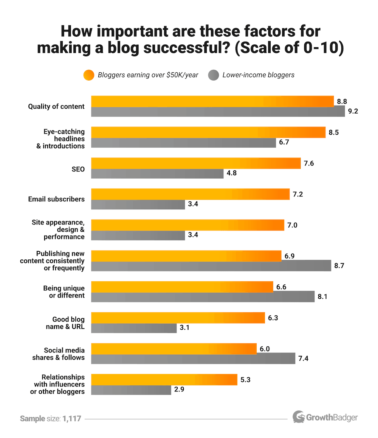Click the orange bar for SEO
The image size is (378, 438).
(x=196, y=163)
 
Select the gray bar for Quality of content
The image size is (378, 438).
(x=218, y=112)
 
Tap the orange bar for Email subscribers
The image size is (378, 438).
(x=191, y=194)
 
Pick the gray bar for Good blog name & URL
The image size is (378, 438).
(x=134, y=328)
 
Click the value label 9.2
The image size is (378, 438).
(x=353, y=112)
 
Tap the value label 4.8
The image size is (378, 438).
(x=232, y=174)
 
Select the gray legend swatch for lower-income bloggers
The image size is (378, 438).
(x=213, y=75)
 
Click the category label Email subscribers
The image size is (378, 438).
(x=56, y=199)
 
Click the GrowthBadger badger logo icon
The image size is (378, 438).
(x=299, y=417)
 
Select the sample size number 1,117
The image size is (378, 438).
(x=72, y=419)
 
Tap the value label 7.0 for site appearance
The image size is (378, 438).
(x=293, y=225)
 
